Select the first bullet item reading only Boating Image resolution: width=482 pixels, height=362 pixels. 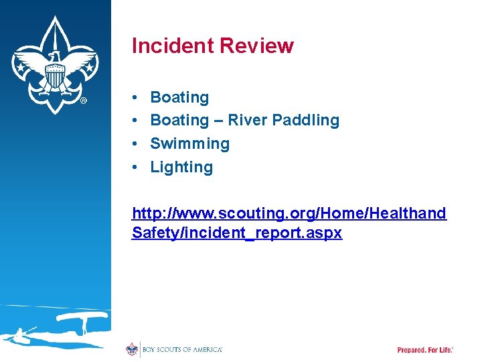[x=179, y=97]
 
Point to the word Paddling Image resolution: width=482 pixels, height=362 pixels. [x=305, y=121]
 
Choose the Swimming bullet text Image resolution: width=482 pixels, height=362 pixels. [x=189, y=143]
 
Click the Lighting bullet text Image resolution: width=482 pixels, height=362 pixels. [x=181, y=167]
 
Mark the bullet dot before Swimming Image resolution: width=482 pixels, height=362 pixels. [x=135, y=144]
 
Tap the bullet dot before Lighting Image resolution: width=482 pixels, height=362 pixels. [x=135, y=168]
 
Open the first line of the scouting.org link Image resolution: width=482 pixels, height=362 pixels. [x=289, y=213]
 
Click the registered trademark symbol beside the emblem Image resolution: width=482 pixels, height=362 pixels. [x=83, y=101]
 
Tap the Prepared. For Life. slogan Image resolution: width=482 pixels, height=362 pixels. [x=425, y=350]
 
